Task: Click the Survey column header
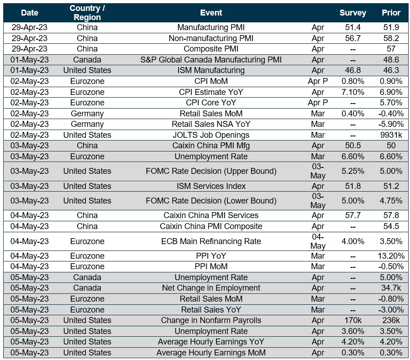(352, 13)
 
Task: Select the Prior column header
(391, 13)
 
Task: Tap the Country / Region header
(87, 13)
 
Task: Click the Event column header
(211, 13)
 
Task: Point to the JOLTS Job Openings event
(211, 135)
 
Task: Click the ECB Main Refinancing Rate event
(211, 241)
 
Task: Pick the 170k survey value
(352, 320)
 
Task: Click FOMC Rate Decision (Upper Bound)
(211, 171)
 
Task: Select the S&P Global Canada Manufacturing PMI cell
(211, 60)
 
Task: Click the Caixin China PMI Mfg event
(211, 146)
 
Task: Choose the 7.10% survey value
(352, 92)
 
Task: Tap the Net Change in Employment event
(211, 288)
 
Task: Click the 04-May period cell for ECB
(318, 241)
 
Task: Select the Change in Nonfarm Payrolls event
(211, 320)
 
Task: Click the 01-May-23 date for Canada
(30, 60)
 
